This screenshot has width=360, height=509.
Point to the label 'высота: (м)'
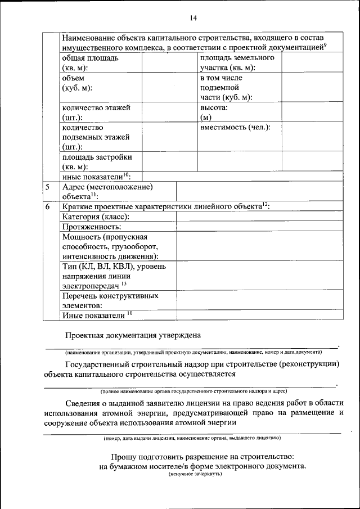(x=214, y=111)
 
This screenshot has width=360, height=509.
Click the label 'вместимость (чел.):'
(x=235, y=128)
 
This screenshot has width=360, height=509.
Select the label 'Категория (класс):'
(x=96, y=217)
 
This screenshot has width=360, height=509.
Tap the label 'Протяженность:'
(x=91, y=226)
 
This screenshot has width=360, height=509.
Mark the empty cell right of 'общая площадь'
(x=169, y=62)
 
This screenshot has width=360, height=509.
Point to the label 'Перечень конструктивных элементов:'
(x=110, y=300)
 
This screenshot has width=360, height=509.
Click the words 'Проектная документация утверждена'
(x=133, y=336)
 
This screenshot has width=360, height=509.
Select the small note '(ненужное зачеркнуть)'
(x=195, y=474)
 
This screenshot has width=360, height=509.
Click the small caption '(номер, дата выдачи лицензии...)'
(x=192, y=438)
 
